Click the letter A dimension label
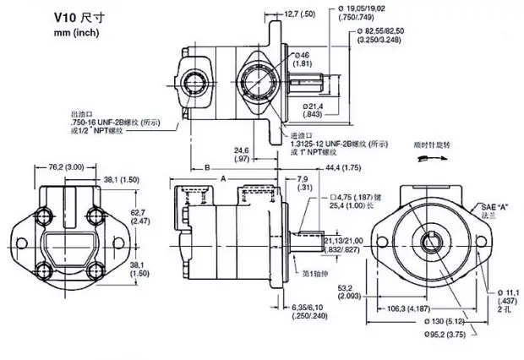pyautogui.click(x=223, y=178)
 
